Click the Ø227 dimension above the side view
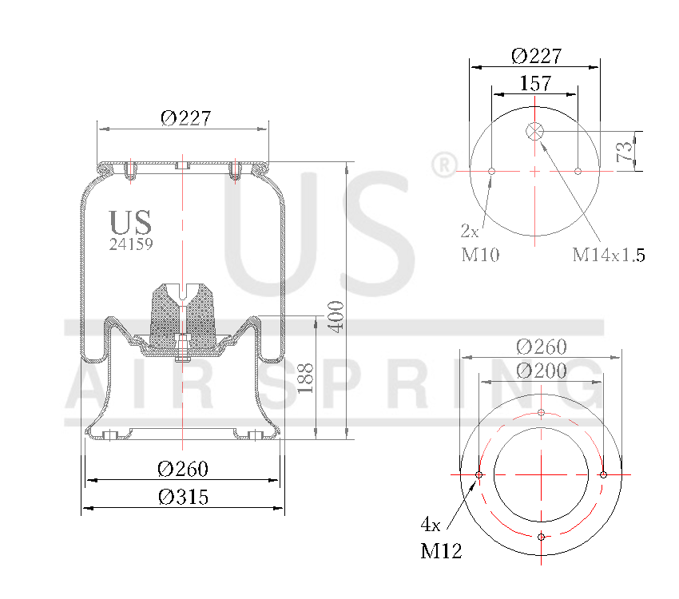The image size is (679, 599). [x=185, y=118]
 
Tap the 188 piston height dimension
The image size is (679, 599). [x=304, y=377]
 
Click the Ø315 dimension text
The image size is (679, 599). [x=184, y=497]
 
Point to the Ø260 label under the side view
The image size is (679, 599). [x=184, y=468]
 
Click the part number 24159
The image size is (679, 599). [x=131, y=245]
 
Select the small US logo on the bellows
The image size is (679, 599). [x=130, y=223]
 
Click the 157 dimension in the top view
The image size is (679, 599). [x=535, y=82]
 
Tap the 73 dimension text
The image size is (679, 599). [x=626, y=149]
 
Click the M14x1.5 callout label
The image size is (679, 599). [x=609, y=255]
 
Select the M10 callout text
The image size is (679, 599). [x=480, y=255]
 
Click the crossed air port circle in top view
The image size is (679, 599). [x=535, y=132]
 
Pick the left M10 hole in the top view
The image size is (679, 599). [x=492, y=171]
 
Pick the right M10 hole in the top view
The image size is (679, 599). [x=578, y=171]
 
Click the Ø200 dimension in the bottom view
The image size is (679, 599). [x=541, y=371]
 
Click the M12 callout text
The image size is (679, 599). [x=441, y=551]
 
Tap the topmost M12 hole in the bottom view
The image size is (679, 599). [x=542, y=413]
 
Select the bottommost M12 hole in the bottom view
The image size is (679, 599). [x=542, y=537]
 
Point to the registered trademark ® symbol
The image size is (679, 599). [x=441, y=165]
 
